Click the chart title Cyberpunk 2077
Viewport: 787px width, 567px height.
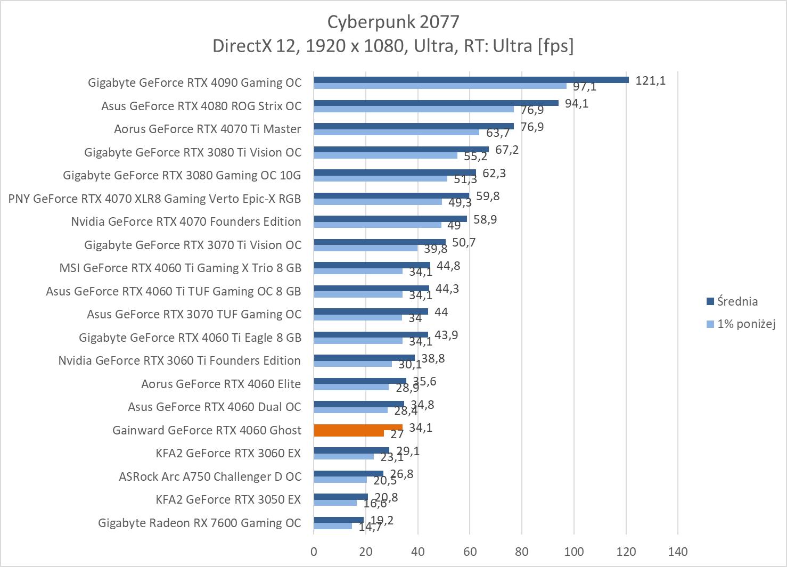click(x=393, y=21)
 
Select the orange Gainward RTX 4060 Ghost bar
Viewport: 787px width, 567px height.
click(x=358, y=428)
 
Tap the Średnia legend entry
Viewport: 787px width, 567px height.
click(x=737, y=301)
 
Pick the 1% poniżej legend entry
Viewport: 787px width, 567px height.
click(x=745, y=324)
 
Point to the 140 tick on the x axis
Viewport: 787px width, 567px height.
click(x=678, y=552)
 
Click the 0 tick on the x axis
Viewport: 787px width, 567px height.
click(x=314, y=552)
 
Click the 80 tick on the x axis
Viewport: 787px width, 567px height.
click(x=522, y=552)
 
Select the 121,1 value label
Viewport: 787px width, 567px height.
click(x=651, y=81)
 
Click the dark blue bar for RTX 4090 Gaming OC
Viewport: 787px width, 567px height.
click(x=471, y=80)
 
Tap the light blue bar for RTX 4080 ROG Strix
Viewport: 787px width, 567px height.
click(x=414, y=109)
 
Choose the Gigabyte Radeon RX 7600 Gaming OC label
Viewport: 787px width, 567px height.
click(x=200, y=523)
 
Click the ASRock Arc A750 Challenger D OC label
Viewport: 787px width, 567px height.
click(x=210, y=476)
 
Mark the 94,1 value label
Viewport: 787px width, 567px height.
click(x=577, y=103)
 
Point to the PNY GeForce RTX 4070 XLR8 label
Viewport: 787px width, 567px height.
click(x=154, y=199)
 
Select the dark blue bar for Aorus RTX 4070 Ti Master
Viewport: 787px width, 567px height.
click(x=414, y=126)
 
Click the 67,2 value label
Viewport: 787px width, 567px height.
click(x=507, y=150)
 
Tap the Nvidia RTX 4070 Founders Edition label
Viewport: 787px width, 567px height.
click(x=186, y=221)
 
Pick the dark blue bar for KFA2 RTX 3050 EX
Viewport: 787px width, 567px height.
click(x=341, y=497)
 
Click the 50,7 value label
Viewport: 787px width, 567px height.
click(x=464, y=243)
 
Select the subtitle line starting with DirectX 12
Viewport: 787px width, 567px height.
click(x=393, y=46)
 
